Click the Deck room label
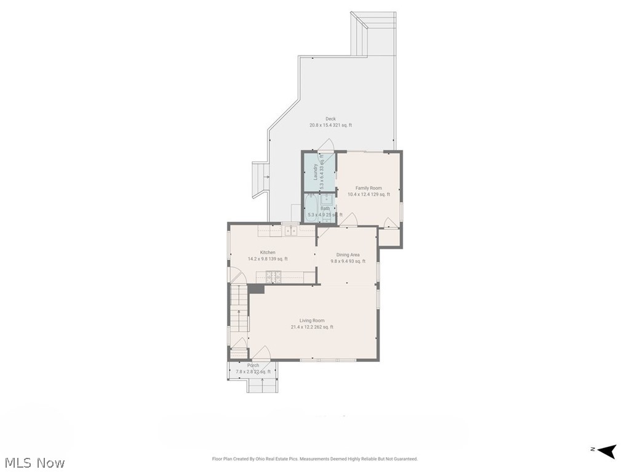[x=330, y=119]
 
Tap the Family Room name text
[x=369, y=188]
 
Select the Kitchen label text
[x=268, y=253]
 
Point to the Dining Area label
[x=348, y=254]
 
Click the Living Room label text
[x=312, y=320]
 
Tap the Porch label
[x=253, y=366]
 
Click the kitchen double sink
[x=290, y=230]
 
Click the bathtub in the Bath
[x=309, y=207]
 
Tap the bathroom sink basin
[x=327, y=199]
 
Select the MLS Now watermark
[x=34, y=462]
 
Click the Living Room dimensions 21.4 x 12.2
[x=312, y=327]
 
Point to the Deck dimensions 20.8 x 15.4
[x=330, y=125]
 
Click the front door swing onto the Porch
[x=261, y=354]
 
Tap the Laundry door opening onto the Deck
[x=327, y=145]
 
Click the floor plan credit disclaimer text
[x=315, y=458]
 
